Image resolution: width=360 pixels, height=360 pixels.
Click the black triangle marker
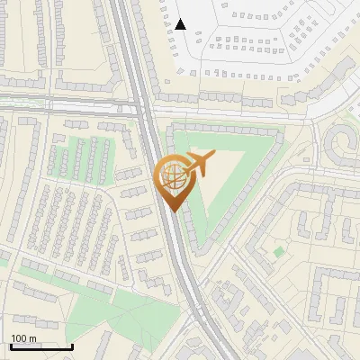coord(181,24)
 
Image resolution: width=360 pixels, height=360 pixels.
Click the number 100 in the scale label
coord(20,338)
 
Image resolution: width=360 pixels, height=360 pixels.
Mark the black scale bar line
coord(40,346)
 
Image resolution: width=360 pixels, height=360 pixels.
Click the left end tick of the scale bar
coord(10,345)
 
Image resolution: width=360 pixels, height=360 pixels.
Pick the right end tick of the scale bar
coord(72,345)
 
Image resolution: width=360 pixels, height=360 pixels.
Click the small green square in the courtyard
coord(279,250)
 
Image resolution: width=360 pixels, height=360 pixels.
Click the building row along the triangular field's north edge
coord(225,127)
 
